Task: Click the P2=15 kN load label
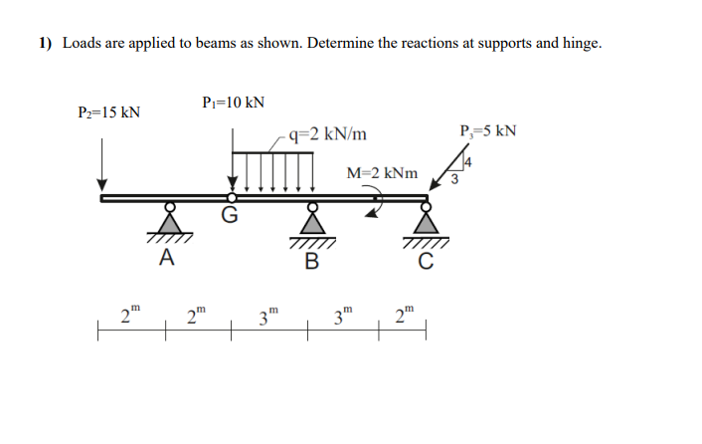pyautogui.click(x=108, y=111)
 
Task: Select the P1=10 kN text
pyautogui.click(x=232, y=103)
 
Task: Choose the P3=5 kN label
pyautogui.click(x=488, y=130)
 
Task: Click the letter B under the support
pyautogui.click(x=311, y=262)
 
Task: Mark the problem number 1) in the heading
pyautogui.click(x=46, y=44)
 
